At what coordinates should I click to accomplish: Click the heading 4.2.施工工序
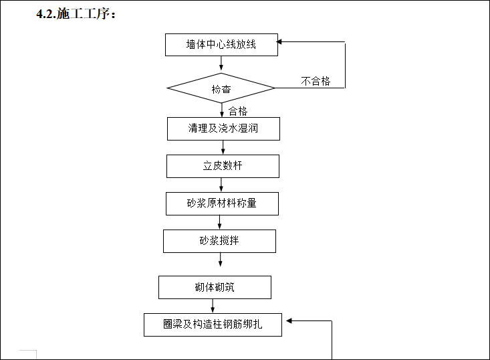[76, 14]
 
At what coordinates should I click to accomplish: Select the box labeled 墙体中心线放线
[221, 45]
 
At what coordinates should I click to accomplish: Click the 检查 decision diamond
[221, 88]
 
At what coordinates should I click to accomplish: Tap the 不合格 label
[316, 81]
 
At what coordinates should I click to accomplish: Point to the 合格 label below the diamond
[238, 111]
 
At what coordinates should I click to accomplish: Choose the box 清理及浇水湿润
[223, 128]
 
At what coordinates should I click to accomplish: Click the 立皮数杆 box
[223, 166]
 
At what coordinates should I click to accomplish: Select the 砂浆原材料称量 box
[221, 203]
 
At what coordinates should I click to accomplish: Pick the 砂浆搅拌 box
[219, 241]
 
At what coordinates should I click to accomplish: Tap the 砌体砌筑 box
[215, 288]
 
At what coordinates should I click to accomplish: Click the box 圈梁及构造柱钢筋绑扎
[213, 325]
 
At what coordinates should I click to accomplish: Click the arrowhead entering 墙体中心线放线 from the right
[281, 42]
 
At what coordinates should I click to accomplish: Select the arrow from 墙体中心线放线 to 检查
[221, 64]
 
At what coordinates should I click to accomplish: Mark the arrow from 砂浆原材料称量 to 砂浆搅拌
[220, 222]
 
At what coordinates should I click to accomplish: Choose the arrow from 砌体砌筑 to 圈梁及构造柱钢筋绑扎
[213, 306]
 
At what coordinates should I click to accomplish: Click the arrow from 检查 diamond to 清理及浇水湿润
[221, 110]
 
